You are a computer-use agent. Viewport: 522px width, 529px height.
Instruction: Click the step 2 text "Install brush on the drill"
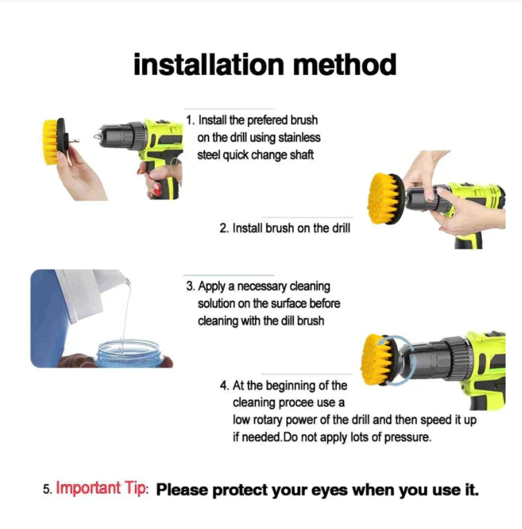pos(284,229)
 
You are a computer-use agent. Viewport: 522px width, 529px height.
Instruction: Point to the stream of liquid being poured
pos(125,315)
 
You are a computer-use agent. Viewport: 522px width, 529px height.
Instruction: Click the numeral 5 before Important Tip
pos(46,490)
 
